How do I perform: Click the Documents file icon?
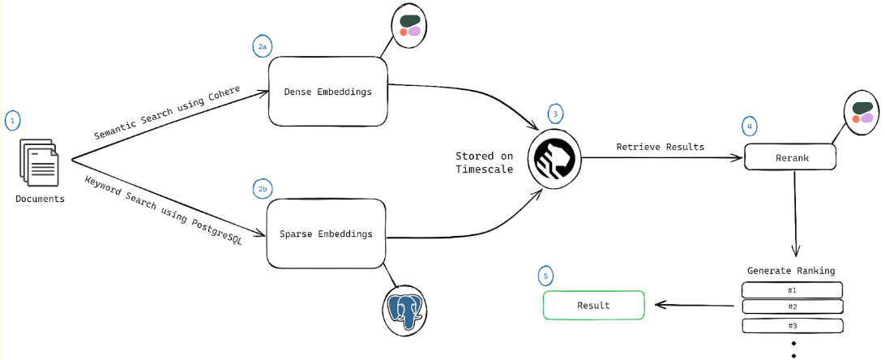[x=40, y=165]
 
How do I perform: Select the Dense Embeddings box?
[x=327, y=92]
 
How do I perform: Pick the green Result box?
[x=593, y=306]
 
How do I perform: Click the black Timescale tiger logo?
[x=554, y=158]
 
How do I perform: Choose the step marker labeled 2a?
[x=262, y=47]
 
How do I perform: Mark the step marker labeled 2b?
[x=262, y=190]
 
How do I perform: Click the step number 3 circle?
[x=554, y=114]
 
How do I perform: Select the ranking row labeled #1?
[x=793, y=289]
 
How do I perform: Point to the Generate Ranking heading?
[x=791, y=270]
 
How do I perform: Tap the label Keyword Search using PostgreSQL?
[x=163, y=199]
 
